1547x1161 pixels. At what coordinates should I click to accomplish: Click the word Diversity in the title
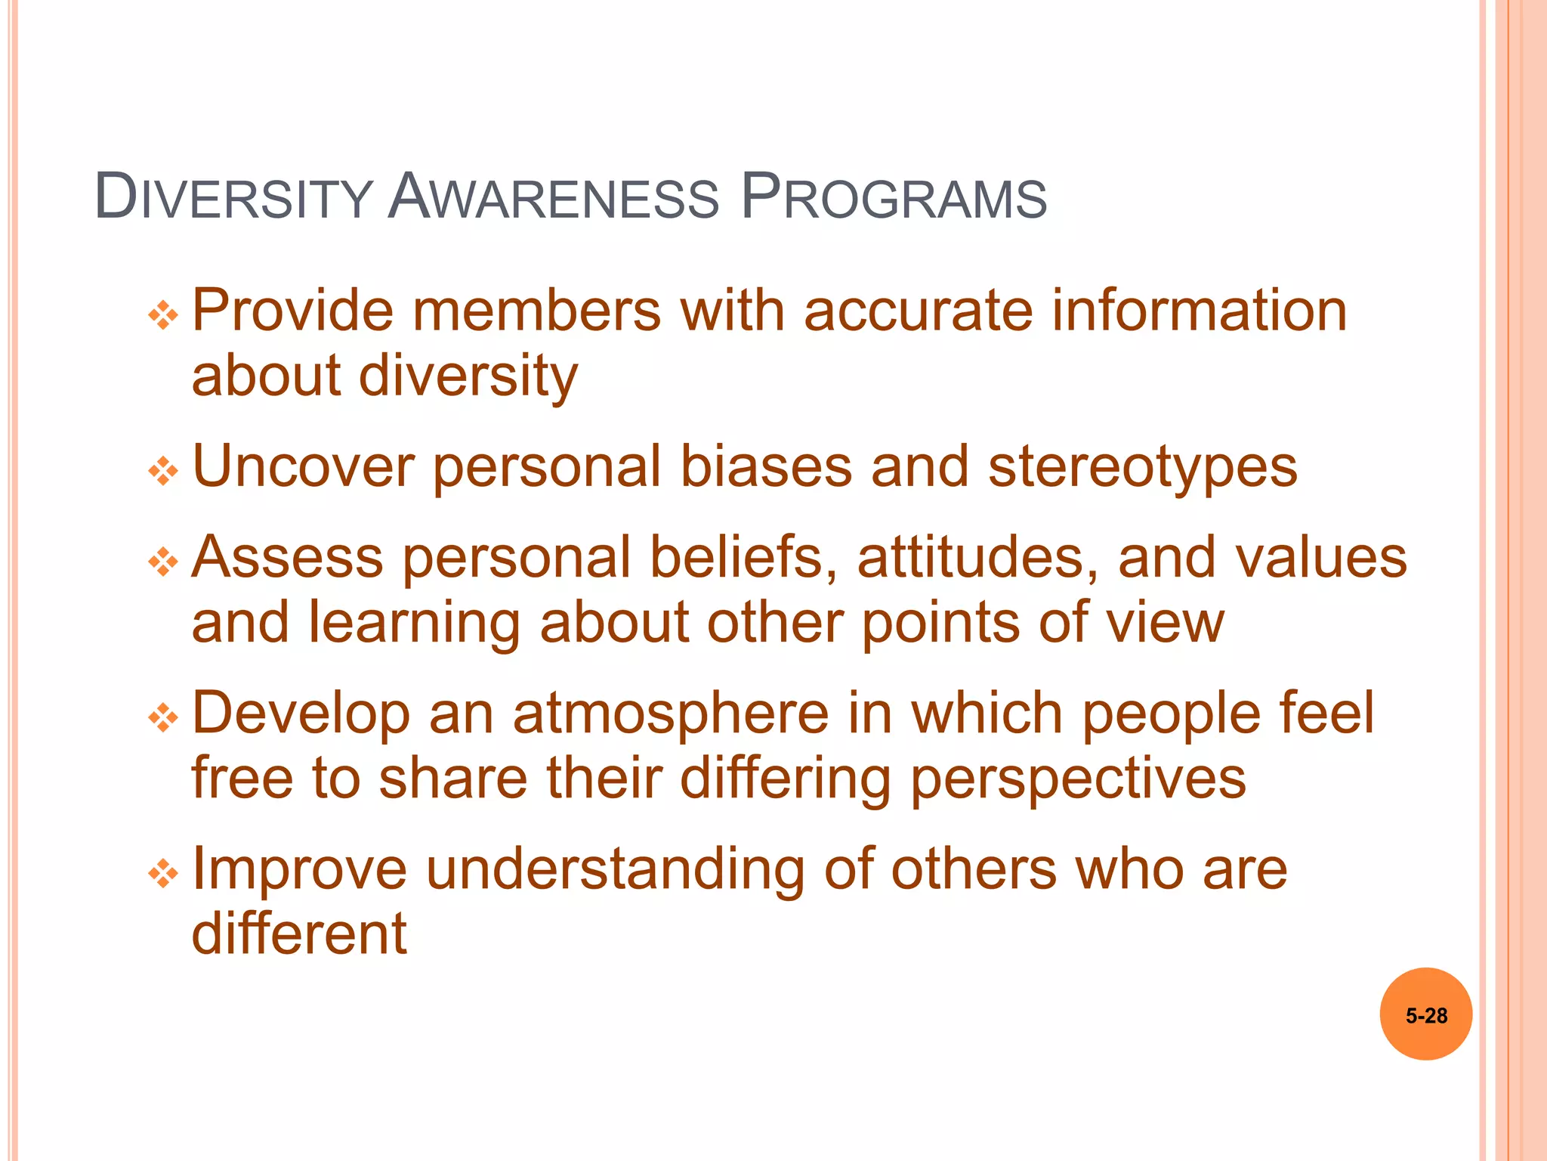tap(233, 198)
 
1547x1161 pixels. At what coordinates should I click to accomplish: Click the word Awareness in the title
tap(554, 198)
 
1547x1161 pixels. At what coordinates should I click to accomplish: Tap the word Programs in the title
tap(894, 198)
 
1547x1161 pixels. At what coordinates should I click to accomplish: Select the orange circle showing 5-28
tap(1425, 1014)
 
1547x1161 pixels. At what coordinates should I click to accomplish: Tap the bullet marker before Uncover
tap(163, 472)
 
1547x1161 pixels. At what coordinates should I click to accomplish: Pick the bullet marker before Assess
tap(163, 562)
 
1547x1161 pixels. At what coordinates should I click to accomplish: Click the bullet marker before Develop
tap(163, 718)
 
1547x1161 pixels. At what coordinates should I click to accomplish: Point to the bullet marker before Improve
tap(163, 875)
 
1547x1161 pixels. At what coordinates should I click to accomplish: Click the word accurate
tap(918, 311)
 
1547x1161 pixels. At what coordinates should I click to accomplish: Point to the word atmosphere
tap(670, 714)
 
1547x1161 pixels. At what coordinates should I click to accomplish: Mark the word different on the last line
tap(299, 934)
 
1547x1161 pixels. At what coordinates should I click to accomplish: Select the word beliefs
tap(743, 558)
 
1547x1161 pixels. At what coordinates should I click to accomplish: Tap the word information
tap(1199, 311)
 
